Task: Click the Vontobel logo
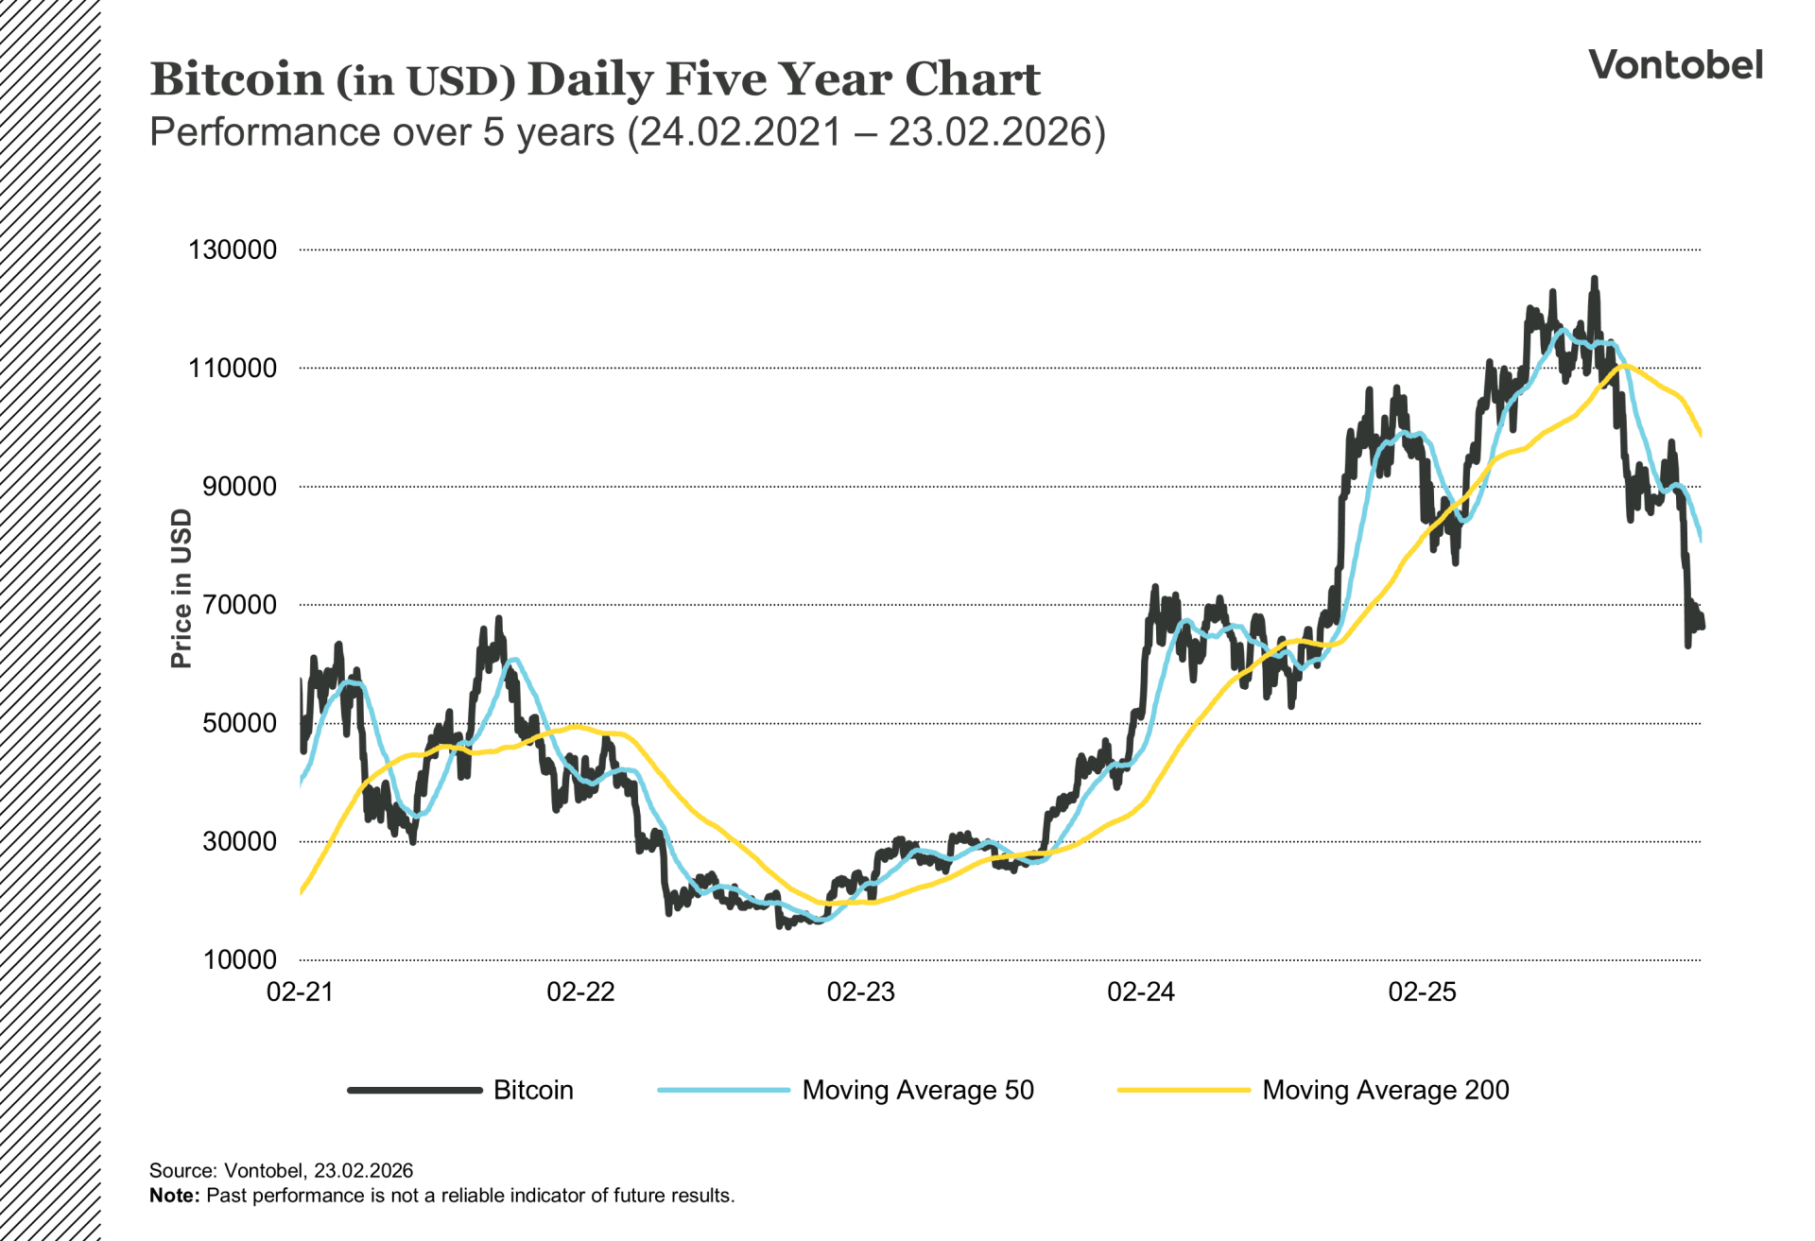pos(1675,65)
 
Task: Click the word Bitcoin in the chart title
pos(236,79)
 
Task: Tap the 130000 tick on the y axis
pos(233,250)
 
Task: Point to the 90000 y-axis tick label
pos(239,487)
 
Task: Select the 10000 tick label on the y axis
pos(239,960)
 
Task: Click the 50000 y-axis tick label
pos(239,724)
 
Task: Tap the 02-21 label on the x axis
pos(300,992)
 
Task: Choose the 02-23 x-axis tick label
pos(860,992)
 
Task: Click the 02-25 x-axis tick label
pos(1422,992)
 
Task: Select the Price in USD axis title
pos(181,588)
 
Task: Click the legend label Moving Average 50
pos(917,1091)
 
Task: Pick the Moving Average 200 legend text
pos(1385,1091)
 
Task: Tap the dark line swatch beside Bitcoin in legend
pos(415,1091)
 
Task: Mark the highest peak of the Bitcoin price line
pos(1594,280)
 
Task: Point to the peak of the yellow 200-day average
pos(1624,366)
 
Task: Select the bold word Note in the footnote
pos(174,1196)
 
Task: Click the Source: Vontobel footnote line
pos(281,1171)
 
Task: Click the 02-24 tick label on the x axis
pos(1141,992)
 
